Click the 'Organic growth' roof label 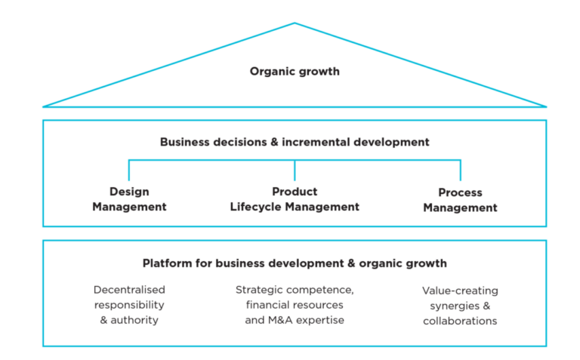(x=295, y=72)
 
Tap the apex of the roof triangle (x=295, y=23)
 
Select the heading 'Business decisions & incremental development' (x=295, y=142)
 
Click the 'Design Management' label (x=129, y=199)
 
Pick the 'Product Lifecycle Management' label (x=295, y=199)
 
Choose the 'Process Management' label (x=460, y=200)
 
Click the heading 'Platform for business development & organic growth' (x=295, y=263)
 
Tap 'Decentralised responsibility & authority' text (x=129, y=305)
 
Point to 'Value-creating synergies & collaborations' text (x=460, y=306)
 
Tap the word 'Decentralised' (x=129, y=290)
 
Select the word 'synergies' (x=451, y=306)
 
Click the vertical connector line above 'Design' (x=128, y=171)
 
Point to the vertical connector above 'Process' (x=460, y=171)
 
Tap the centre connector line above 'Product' (x=295, y=171)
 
